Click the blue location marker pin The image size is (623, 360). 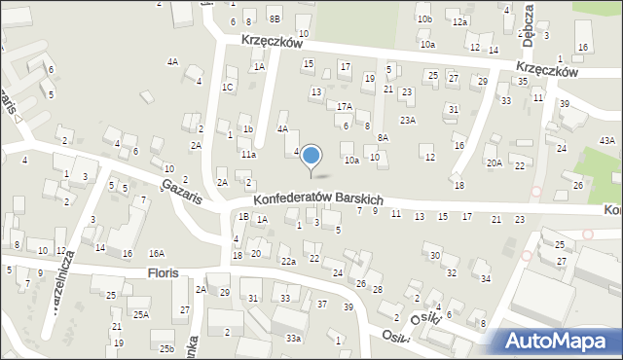point(311,156)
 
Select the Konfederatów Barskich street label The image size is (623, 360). point(317,197)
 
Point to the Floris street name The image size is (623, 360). point(164,273)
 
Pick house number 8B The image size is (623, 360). point(275,18)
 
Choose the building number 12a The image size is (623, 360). point(459,21)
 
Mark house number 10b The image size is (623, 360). point(423,18)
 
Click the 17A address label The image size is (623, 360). point(344,107)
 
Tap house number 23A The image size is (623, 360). point(408,121)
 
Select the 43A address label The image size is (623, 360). point(607,141)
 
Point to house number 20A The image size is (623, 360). point(495,162)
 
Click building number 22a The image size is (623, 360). point(288,262)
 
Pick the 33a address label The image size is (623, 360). point(293,338)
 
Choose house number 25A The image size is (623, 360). point(141,314)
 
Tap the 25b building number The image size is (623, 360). point(166,348)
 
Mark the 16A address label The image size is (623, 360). point(157,253)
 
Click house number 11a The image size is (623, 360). point(248,155)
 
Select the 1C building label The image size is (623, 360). point(227,88)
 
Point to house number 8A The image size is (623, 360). point(383,138)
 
